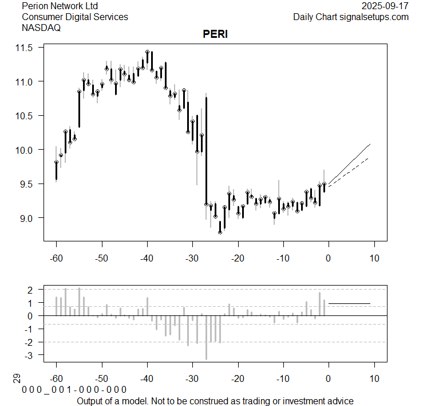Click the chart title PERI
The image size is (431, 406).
(215, 34)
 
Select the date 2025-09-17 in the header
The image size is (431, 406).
(385, 6)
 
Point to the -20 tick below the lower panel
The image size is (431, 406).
(238, 379)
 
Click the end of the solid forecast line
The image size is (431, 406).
(370, 145)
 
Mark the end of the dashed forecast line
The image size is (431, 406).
(368, 158)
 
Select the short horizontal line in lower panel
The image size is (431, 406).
(349, 303)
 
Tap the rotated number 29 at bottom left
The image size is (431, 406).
(17, 378)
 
